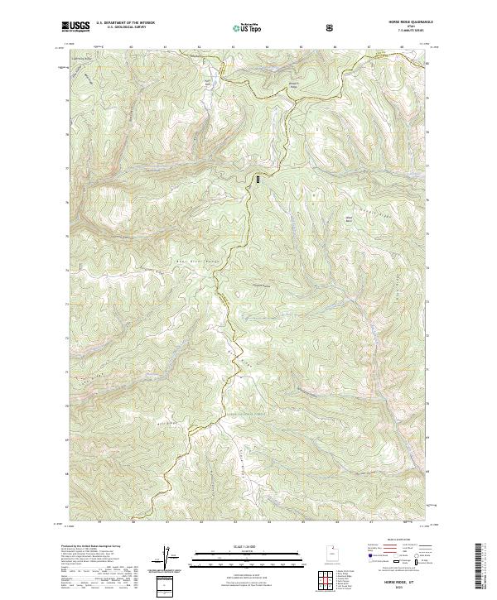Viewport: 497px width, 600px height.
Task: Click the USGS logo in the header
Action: coord(75,27)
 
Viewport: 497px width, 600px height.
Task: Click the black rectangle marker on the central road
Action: coord(258,178)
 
